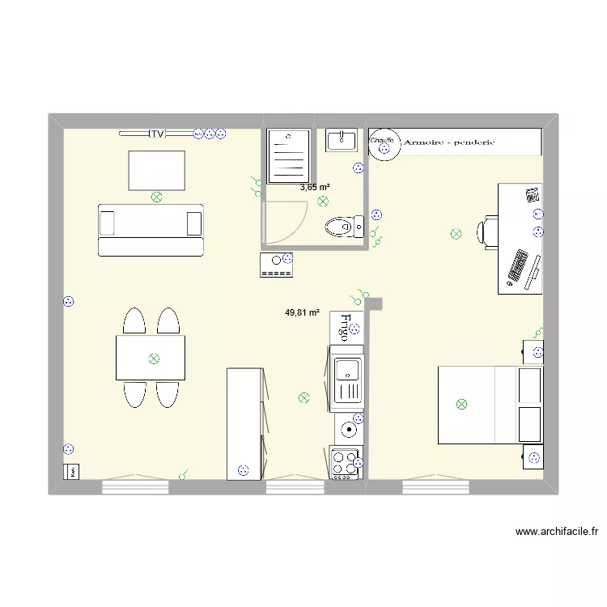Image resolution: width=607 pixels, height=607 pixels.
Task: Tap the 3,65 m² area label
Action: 314,187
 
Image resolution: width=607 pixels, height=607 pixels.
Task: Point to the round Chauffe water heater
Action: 383,144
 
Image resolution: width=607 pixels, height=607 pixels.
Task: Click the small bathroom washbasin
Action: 341,140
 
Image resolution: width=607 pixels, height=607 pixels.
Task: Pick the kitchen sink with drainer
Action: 347,379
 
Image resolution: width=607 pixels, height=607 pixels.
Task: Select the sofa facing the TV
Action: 150,230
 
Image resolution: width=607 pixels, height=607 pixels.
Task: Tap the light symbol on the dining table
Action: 153,359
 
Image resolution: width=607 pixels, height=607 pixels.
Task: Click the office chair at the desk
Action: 488,231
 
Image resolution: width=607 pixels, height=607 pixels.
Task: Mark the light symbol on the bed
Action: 461,404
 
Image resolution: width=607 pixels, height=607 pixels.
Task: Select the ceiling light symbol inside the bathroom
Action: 323,201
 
